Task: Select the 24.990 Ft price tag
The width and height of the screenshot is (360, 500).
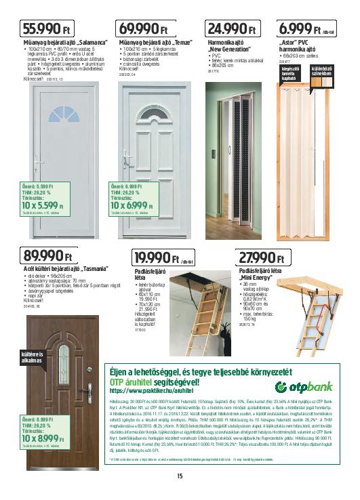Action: tap(231, 29)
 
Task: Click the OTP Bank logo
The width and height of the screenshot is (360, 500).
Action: tap(304, 386)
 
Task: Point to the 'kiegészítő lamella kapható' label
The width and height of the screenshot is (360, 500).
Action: tap(290, 93)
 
